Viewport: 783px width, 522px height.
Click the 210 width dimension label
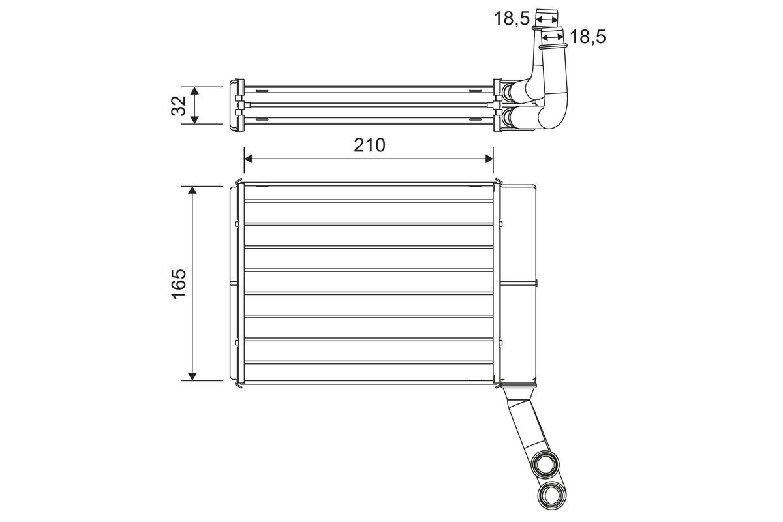(x=369, y=145)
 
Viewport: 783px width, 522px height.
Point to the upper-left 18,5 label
(x=510, y=18)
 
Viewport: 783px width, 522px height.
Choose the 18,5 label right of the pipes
(x=587, y=37)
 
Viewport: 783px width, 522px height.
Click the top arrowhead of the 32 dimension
(x=194, y=90)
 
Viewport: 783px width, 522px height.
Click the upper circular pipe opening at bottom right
(x=545, y=464)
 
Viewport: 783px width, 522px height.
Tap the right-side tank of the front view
(x=519, y=283)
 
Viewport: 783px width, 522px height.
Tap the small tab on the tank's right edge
(x=537, y=283)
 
